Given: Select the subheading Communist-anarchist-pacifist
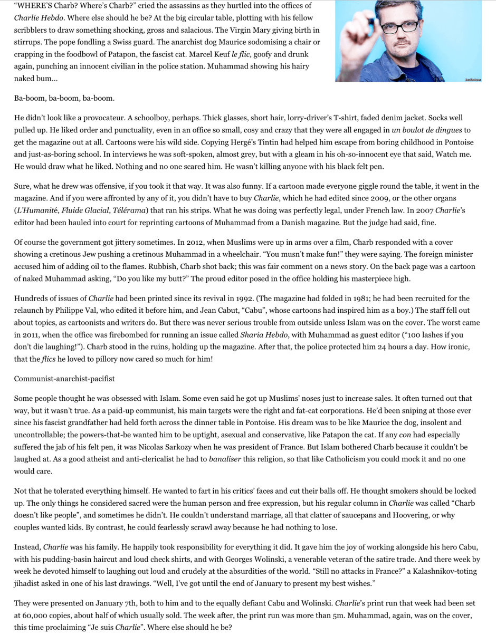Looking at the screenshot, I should pos(64,379).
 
